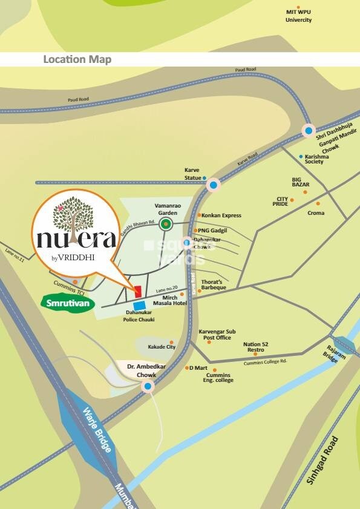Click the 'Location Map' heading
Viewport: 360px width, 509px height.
(x=77, y=59)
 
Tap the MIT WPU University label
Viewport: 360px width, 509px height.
(x=299, y=16)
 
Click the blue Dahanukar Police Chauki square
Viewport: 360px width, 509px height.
(x=139, y=306)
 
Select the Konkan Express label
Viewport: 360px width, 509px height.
(x=221, y=215)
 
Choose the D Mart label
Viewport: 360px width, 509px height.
(x=199, y=368)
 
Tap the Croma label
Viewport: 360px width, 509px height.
(x=316, y=213)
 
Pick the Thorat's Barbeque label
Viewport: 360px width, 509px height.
(x=214, y=285)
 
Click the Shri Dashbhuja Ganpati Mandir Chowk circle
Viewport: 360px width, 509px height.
(x=309, y=130)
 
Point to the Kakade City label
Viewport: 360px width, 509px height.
(x=162, y=347)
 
